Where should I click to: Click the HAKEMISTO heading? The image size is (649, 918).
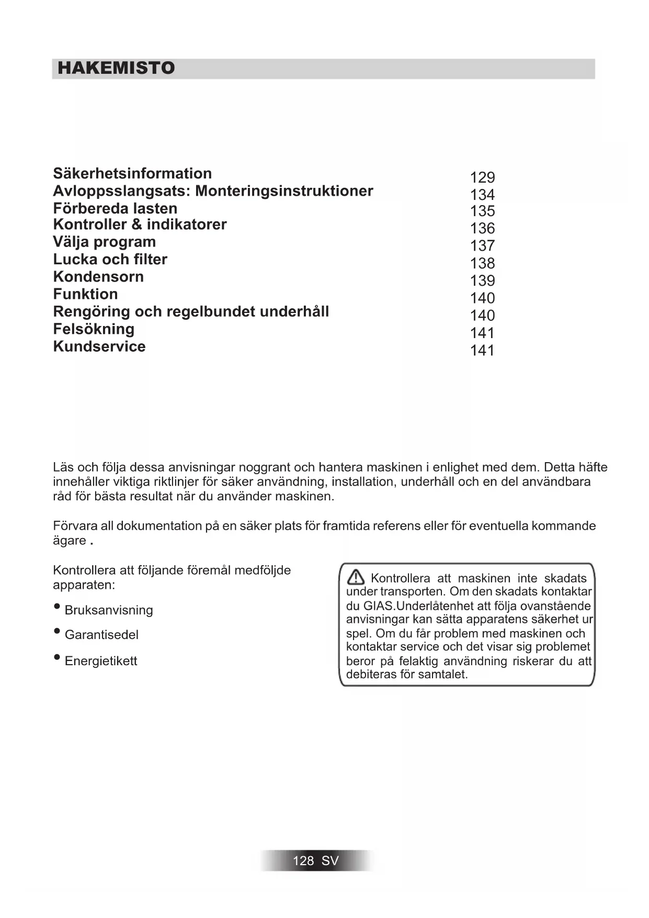point(116,68)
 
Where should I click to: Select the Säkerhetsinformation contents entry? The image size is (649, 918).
point(132,174)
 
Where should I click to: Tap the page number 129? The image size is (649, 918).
point(482,177)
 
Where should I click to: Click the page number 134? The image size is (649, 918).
point(482,195)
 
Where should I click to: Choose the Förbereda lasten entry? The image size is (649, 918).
point(115,208)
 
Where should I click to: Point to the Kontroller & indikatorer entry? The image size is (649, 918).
point(140,225)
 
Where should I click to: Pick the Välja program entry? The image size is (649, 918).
point(104,242)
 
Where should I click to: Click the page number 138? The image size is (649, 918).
point(482,263)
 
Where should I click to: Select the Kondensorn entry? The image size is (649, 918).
point(98,277)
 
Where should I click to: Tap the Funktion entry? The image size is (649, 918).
point(85,294)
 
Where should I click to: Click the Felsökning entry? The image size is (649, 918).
point(94,329)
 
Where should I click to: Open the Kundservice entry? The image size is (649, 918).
point(99,346)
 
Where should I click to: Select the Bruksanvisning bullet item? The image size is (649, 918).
point(109,610)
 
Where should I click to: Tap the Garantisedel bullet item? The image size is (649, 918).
point(101,635)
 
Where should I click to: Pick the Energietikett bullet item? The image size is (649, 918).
point(101,661)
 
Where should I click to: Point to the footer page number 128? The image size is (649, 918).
point(303,861)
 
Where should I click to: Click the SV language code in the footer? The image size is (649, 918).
point(331,861)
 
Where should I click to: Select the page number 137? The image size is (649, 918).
point(482,245)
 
